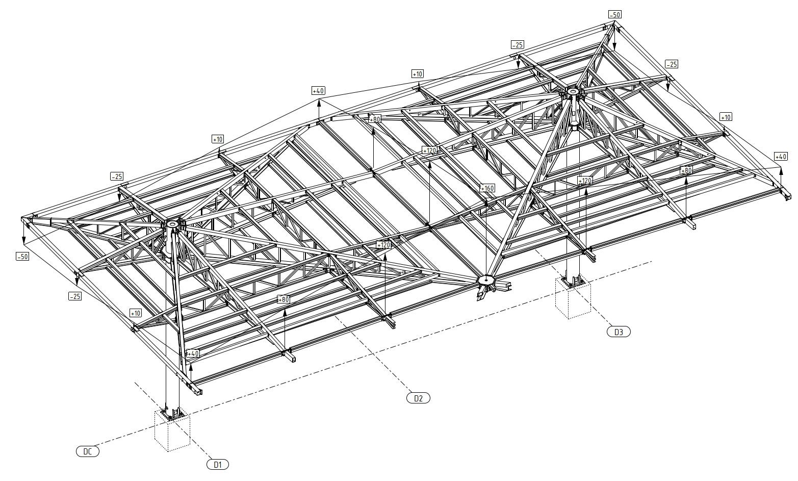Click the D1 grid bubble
click(x=218, y=465)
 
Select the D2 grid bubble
click(x=418, y=398)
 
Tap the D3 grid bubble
click(x=619, y=332)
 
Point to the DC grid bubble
click(x=88, y=451)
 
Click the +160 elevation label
click(x=487, y=188)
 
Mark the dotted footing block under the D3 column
click(x=573, y=301)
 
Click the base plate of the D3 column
click(x=573, y=282)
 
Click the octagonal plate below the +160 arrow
click(x=487, y=280)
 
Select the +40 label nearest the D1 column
click(x=193, y=353)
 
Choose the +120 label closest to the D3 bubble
click(x=585, y=181)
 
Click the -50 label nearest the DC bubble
click(x=22, y=257)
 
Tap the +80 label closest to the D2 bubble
click(x=283, y=299)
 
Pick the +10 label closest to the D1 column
click(x=136, y=313)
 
